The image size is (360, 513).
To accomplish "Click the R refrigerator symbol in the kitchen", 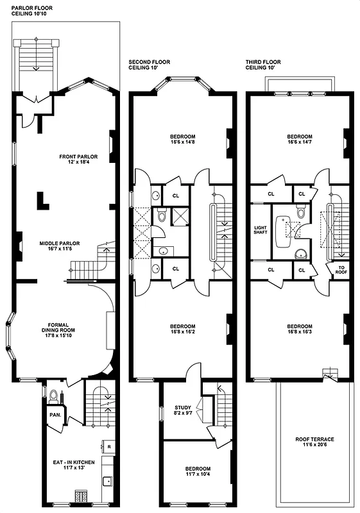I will click(108, 446).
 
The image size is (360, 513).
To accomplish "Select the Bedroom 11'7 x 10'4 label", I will click(193, 472).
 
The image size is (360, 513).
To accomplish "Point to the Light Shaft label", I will click(260, 230).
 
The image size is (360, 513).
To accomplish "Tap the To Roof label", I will click(340, 271).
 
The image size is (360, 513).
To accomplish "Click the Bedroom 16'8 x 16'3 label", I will click(300, 330).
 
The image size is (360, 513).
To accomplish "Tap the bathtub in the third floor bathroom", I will click(284, 229).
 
